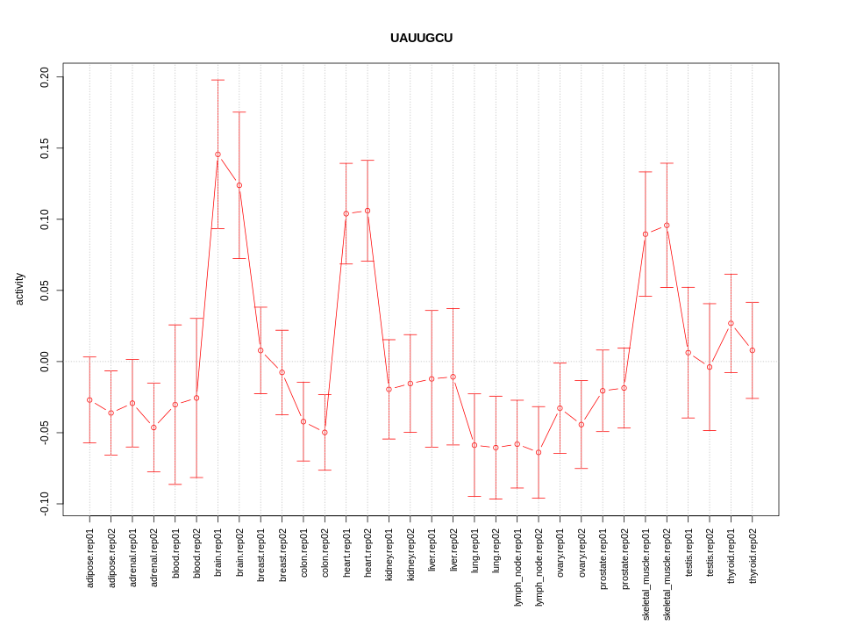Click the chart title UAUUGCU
click(x=421, y=38)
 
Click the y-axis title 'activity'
click(x=19, y=289)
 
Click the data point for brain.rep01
click(x=218, y=154)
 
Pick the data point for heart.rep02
click(x=367, y=211)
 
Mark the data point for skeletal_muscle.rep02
click(x=667, y=226)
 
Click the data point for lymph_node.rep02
click(x=539, y=452)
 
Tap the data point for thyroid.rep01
click(x=731, y=323)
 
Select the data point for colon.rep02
click(x=325, y=433)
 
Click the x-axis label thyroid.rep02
click(x=753, y=557)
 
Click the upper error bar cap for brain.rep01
click(x=218, y=80)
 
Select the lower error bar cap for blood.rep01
click(x=175, y=485)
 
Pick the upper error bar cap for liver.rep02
click(x=453, y=308)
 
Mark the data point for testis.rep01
click(x=689, y=353)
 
